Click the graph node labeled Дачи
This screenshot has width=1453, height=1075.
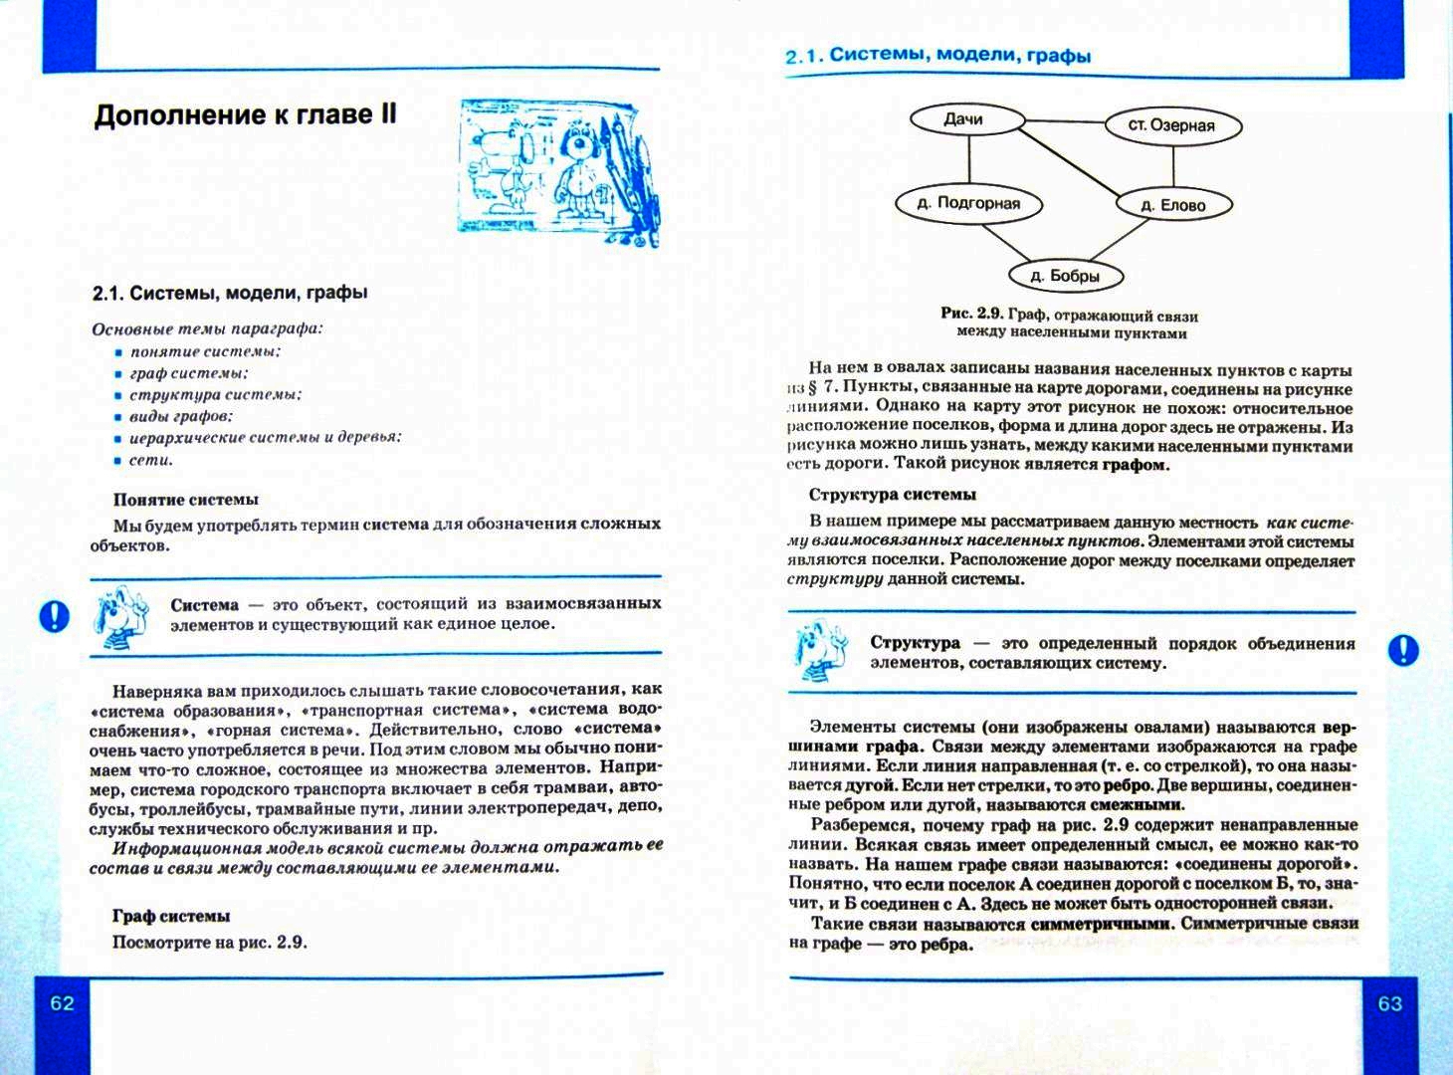pyautogui.click(x=964, y=119)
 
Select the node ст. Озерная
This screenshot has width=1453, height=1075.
pyautogui.click(x=1172, y=125)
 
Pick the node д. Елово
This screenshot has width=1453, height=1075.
pyautogui.click(x=1173, y=205)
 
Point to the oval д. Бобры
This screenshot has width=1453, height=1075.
pyautogui.click(x=1065, y=276)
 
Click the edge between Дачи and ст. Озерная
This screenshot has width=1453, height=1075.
pyautogui.click(x=1065, y=122)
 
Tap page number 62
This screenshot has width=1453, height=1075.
pyautogui.click(x=62, y=1002)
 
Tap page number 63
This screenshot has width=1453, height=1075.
pyautogui.click(x=1389, y=1003)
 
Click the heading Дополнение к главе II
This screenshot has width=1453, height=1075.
pyautogui.click(x=245, y=115)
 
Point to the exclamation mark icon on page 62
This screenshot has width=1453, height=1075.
pyautogui.click(x=54, y=616)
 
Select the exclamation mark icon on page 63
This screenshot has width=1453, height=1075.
pyautogui.click(x=1403, y=650)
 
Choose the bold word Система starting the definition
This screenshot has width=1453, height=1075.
pyautogui.click(x=205, y=604)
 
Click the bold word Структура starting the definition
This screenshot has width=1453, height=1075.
pyautogui.click(x=915, y=643)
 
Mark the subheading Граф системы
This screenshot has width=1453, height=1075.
pyautogui.click(x=171, y=916)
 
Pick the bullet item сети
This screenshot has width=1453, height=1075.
pyautogui.click(x=151, y=460)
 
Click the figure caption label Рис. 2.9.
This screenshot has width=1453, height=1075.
pyautogui.click(x=971, y=315)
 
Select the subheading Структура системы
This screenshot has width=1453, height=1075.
pyautogui.click(x=893, y=495)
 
